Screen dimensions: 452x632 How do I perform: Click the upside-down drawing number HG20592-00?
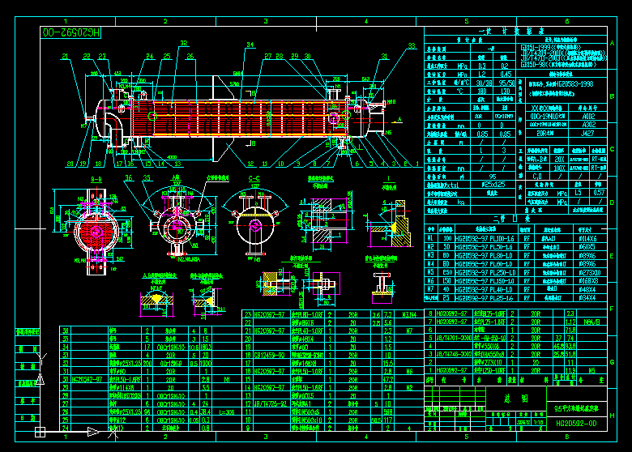[x=70, y=32]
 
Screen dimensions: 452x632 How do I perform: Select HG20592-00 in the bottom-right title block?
[x=576, y=423]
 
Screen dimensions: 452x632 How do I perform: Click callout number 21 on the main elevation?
[x=65, y=56]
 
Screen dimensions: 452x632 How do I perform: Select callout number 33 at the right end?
[x=411, y=46]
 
